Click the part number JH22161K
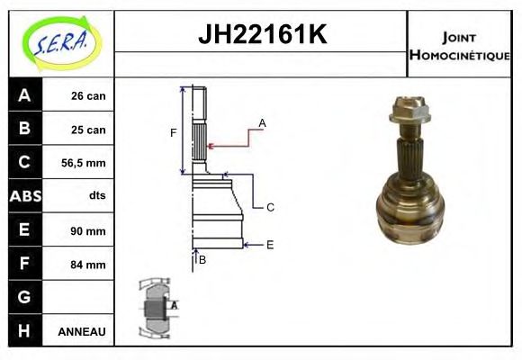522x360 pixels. (x=261, y=36)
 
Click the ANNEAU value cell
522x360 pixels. (x=82, y=331)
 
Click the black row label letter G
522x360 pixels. (x=24, y=297)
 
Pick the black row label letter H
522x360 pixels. (x=24, y=330)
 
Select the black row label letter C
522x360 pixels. (x=24, y=163)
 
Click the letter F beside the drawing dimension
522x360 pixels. (x=174, y=133)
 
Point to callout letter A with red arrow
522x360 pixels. (x=262, y=121)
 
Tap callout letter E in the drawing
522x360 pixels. (x=269, y=244)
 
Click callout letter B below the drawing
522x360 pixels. (x=202, y=260)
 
